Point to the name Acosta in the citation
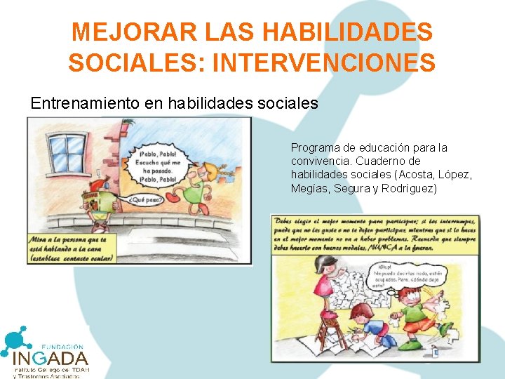tap(418, 175)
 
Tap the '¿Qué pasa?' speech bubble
tap(147, 199)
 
